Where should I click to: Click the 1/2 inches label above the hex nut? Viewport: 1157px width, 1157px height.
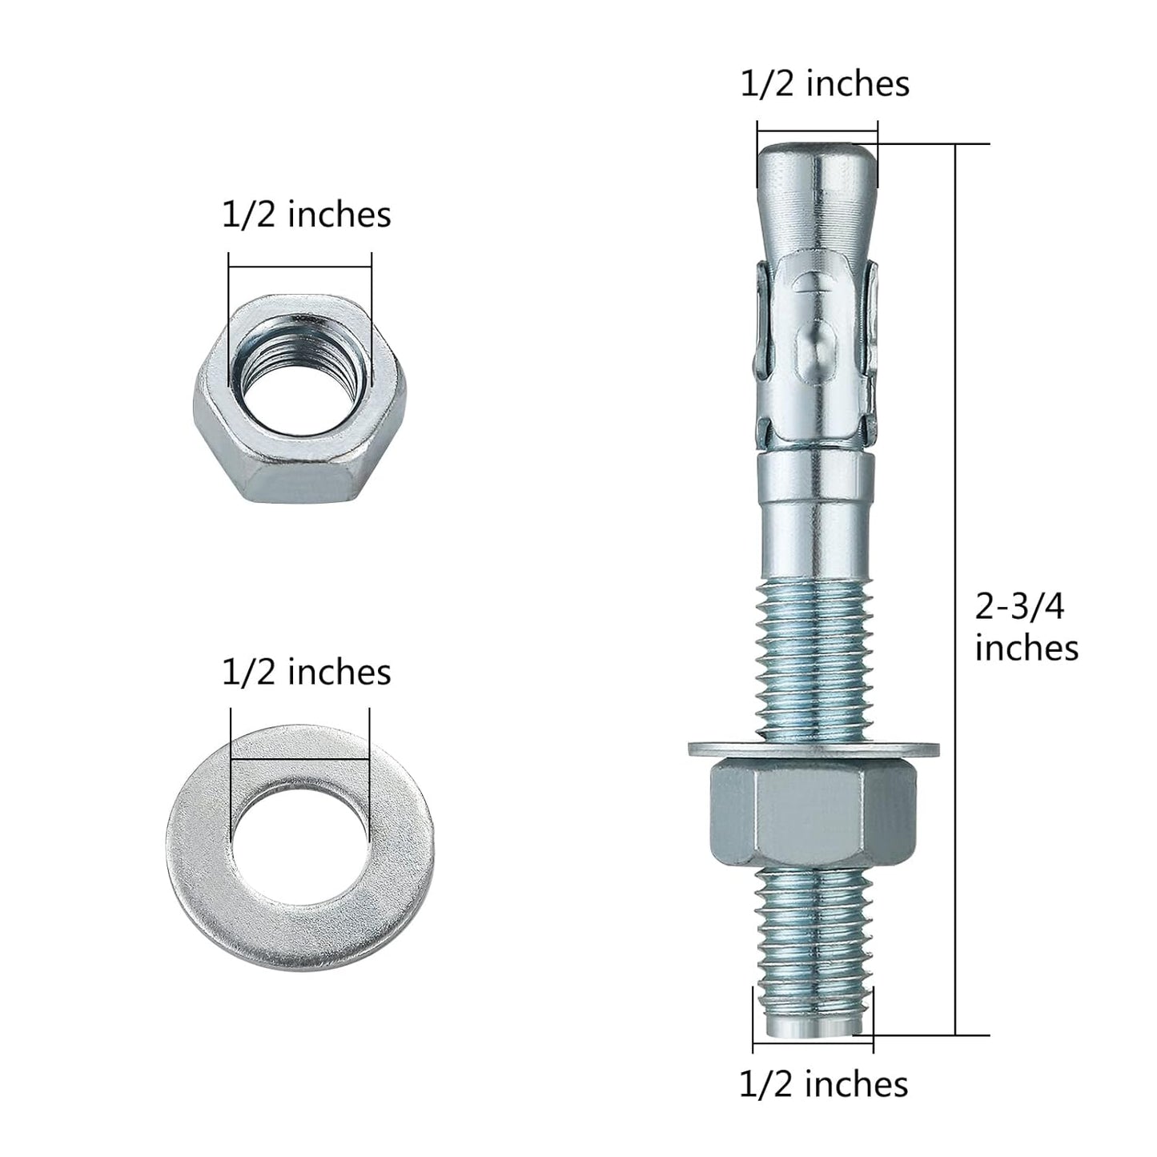pos(306,215)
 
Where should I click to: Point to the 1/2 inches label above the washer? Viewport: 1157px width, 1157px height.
pos(306,671)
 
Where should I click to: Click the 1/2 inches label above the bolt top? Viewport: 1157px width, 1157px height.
pos(825,83)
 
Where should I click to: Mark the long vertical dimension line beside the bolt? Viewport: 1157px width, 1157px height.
pos(955,480)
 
